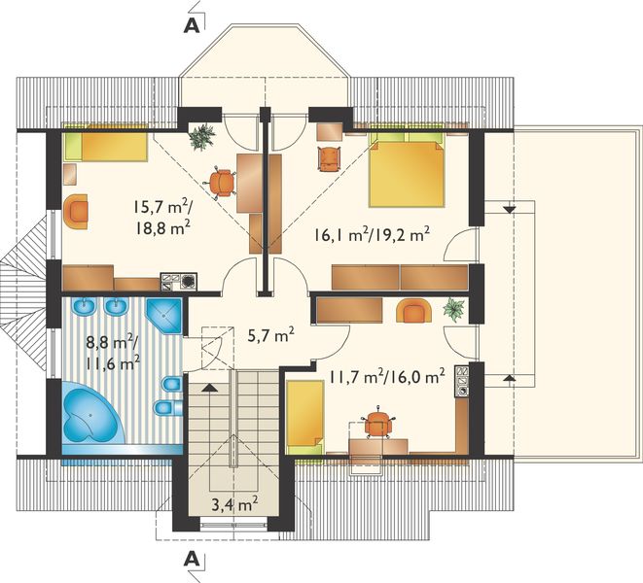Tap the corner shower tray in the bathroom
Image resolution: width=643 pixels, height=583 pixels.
pyautogui.click(x=164, y=316)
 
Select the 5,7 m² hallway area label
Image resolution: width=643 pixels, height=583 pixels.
pyautogui.click(x=271, y=336)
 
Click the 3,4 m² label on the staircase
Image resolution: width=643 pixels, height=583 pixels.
pyautogui.click(x=234, y=504)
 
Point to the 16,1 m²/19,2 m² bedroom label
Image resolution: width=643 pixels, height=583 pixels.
pyautogui.click(x=372, y=235)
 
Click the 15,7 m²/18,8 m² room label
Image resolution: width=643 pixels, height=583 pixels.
pyautogui.click(x=161, y=217)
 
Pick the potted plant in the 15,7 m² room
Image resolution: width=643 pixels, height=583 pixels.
pyautogui.click(x=202, y=137)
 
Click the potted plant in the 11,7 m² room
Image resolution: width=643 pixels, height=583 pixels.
pyautogui.click(x=454, y=309)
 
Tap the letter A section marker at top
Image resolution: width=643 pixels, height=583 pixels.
pyautogui.click(x=192, y=25)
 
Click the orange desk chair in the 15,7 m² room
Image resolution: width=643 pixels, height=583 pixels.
pyautogui.click(x=222, y=183)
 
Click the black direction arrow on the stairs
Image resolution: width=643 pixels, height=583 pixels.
pyautogui.click(x=209, y=388)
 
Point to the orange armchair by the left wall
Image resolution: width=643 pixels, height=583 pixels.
pyautogui.click(x=76, y=212)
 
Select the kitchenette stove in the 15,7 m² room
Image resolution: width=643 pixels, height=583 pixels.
pyautogui.click(x=179, y=282)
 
